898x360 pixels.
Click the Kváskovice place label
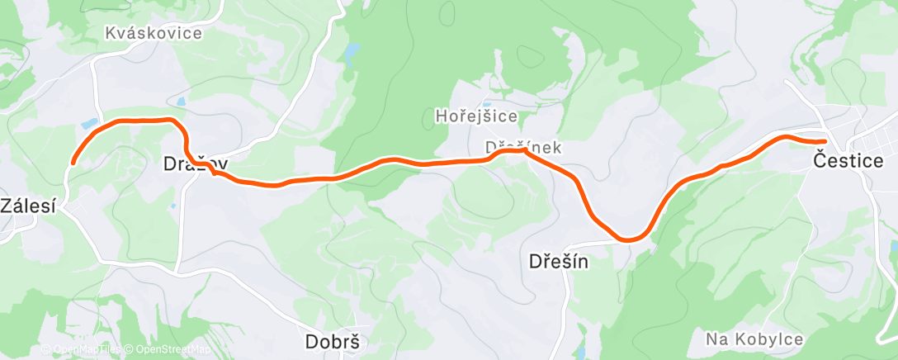(154, 33)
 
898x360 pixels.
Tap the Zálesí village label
(28, 206)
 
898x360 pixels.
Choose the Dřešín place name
(558, 262)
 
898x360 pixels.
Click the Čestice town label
(848, 160)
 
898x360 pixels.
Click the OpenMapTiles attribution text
(82, 350)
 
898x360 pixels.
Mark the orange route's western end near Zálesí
(73, 162)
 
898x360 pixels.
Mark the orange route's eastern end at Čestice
(823, 141)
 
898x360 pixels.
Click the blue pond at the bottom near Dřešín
(582, 353)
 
